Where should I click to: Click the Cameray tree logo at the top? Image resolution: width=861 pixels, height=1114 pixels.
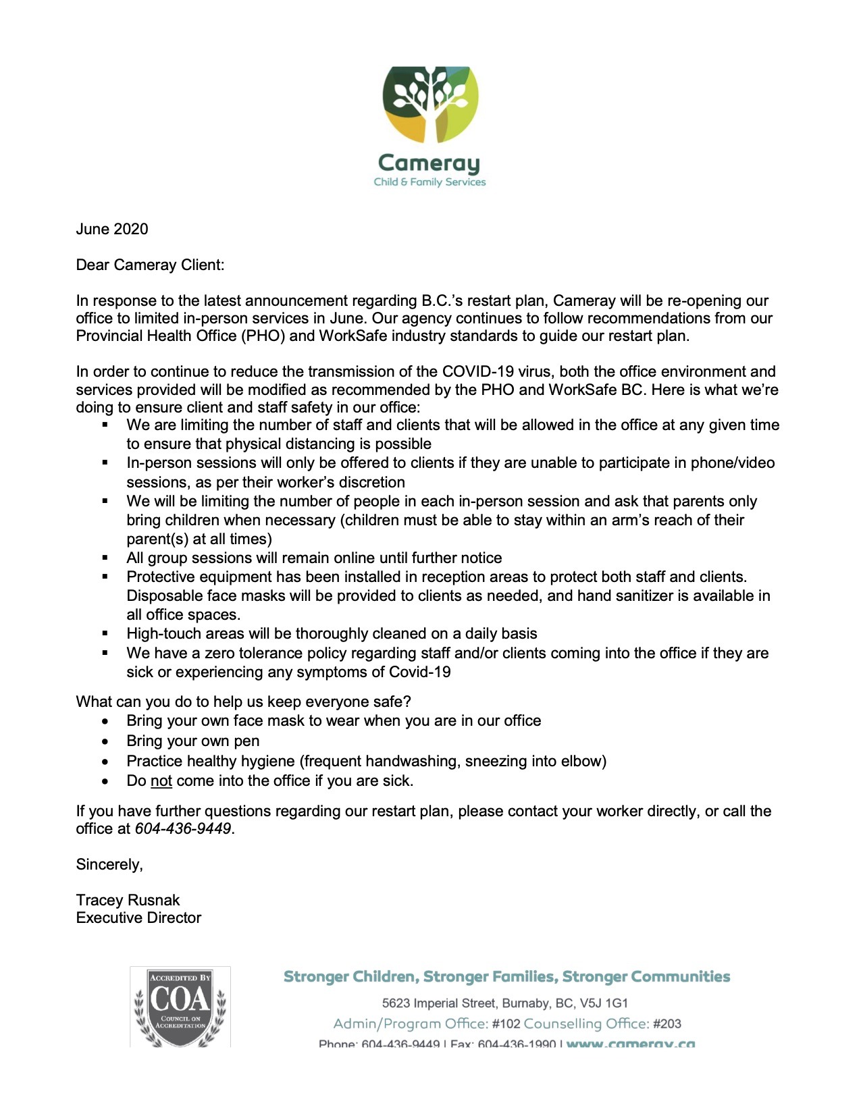tap(430, 104)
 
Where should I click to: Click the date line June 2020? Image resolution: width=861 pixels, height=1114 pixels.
tap(111, 229)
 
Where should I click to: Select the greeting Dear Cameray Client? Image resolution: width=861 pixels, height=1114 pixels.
tap(150, 265)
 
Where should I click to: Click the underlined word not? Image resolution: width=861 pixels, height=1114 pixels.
tap(161, 781)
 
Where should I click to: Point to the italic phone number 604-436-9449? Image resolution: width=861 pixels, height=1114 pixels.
tap(183, 828)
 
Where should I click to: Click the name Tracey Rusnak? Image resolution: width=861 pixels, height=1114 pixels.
tap(128, 900)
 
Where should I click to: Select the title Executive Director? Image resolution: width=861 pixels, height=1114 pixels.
tap(138, 918)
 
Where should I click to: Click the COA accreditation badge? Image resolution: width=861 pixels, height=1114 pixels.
tap(180, 1007)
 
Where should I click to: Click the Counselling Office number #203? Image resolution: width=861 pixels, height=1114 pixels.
tap(667, 1024)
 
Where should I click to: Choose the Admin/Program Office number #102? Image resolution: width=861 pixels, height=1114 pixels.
tap(506, 1024)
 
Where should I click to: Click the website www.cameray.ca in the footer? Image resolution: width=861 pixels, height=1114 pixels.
tap(630, 1043)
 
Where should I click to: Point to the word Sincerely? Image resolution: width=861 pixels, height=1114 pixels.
tap(109, 864)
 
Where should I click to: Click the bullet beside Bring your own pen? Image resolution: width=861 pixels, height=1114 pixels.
tap(105, 741)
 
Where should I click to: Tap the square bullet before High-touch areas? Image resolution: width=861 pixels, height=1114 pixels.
tap(105, 634)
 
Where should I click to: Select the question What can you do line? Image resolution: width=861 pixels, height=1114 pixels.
tap(243, 701)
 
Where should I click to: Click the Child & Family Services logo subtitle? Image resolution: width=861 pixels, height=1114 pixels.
tap(429, 182)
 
